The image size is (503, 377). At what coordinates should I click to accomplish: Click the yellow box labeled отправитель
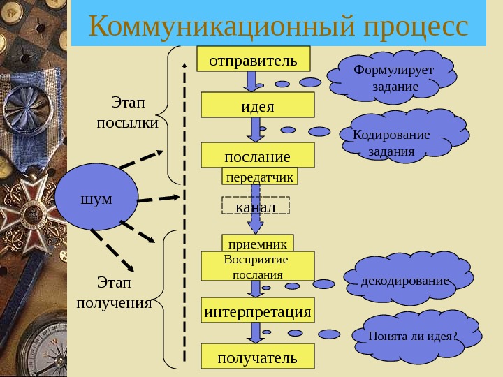point(253,59)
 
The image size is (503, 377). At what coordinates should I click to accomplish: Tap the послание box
point(258,155)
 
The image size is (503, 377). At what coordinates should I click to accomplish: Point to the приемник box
point(258,244)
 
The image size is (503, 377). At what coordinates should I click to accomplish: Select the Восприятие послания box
point(258,266)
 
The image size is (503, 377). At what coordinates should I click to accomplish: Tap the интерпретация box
point(258,311)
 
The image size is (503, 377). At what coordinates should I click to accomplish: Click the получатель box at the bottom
point(258,357)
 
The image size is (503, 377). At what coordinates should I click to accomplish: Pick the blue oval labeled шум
point(97,198)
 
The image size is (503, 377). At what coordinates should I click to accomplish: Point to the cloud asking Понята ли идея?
point(414,334)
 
